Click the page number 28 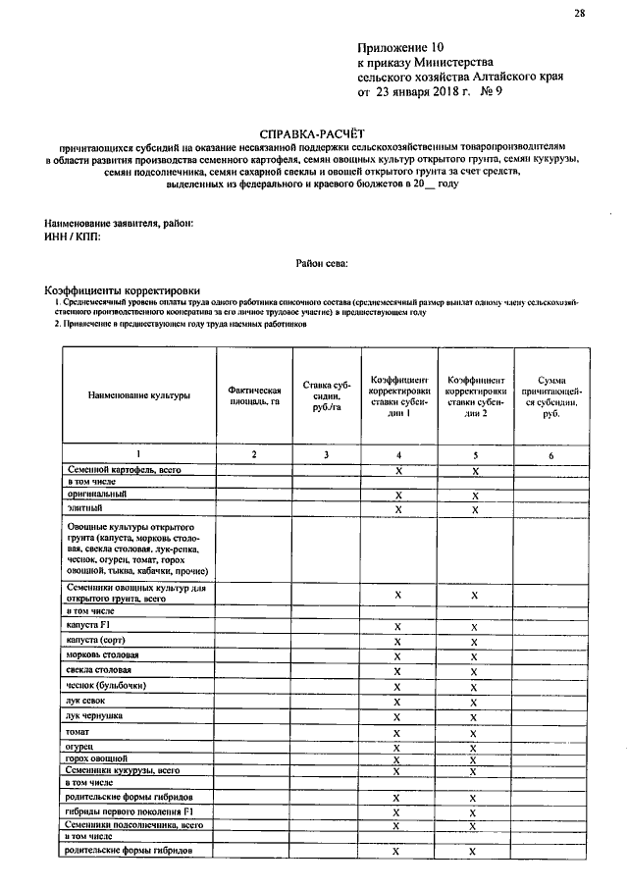(x=579, y=13)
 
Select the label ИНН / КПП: (x=75, y=236)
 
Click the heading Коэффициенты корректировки (x=123, y=290)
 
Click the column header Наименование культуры (x=138, y=395)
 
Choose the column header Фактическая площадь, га (x=253, y=395)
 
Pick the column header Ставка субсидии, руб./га (x=327, y=395)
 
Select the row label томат (x=78, y=733)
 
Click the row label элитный (x=84, y=509)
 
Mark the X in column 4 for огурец (x=397, y=748)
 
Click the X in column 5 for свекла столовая (x=474, y=671)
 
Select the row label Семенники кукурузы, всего (x=124, y=771)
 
